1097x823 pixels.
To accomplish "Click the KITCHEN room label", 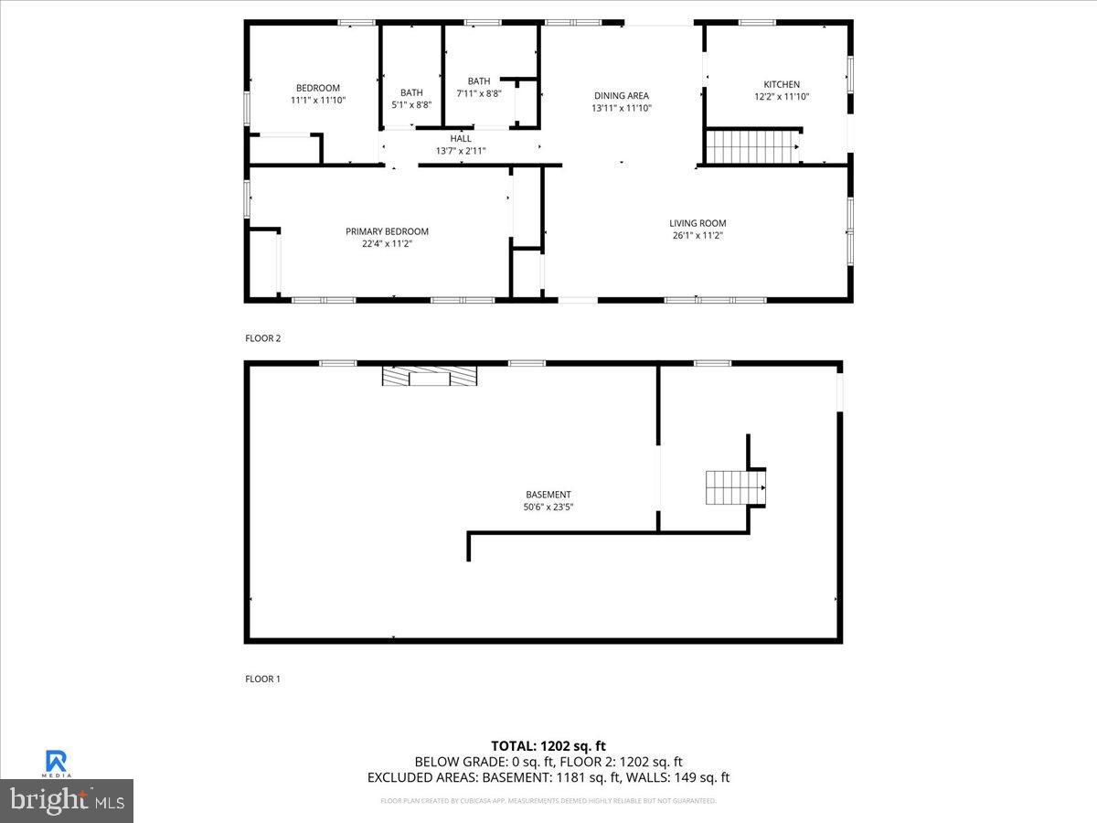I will pos(782,84).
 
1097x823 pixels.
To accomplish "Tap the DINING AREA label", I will pos(621,95).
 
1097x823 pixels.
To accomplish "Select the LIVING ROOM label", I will pos(698,223).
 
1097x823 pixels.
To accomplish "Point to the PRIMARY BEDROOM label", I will pos(387,231).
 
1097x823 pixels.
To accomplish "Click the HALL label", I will pos(461,139).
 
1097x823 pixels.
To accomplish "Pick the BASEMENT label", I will pos(548,495).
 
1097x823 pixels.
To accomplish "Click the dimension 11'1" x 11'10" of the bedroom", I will pos(318,100).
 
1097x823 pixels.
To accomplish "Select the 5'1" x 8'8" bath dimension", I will pos(411,104).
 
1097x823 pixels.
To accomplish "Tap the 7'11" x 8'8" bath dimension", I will pos(479,93).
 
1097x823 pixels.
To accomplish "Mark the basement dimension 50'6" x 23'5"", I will pos(548,507).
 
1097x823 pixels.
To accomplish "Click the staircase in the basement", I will pos(729,487).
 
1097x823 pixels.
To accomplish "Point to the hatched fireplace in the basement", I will pos(430,376).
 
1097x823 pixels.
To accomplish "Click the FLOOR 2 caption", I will pos(263,338).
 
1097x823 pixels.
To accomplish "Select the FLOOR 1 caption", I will pos(263,679).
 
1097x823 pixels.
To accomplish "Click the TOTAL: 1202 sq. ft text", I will pos(548,746).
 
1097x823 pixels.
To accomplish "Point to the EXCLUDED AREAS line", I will pos(548,777).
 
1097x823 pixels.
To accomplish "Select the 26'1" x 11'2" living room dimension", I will pos(698,235).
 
